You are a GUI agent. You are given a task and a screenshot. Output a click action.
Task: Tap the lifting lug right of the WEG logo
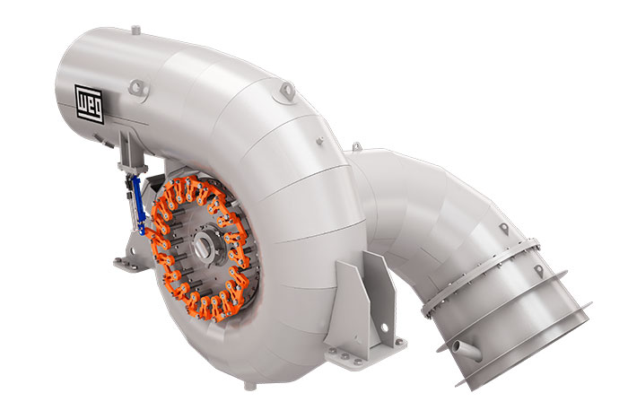pos(135,87)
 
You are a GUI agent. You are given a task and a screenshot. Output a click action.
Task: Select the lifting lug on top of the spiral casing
pos(285,90)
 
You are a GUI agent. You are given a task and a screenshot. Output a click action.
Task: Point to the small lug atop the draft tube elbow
pos(357,145)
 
